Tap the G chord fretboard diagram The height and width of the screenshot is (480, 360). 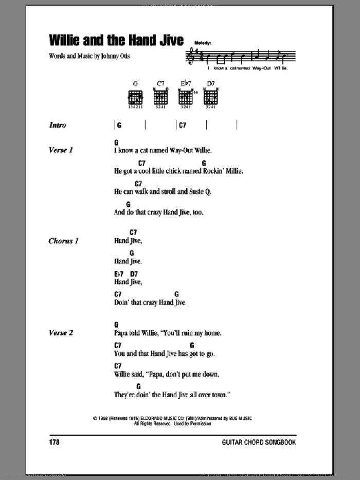(x=135, y=97)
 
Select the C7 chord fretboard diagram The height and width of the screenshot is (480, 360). (x=160, y=97)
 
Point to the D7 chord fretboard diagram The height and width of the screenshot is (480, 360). (x=211, y=97)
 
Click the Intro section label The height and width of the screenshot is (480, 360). (x=58, y=125)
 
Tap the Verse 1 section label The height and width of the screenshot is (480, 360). (x=61, y=150)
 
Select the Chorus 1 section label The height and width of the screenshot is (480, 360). (x=63, y=241)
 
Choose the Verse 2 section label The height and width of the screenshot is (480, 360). (x=61, y=333)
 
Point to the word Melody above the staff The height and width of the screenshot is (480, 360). (x=203, y=44)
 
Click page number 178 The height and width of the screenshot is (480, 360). (x=55, y=442)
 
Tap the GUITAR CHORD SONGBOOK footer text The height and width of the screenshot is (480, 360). (x=259, y=442)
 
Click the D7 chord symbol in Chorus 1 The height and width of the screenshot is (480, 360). (x=134, y=274)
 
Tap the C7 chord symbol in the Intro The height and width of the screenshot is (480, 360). (x=182, y=125)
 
